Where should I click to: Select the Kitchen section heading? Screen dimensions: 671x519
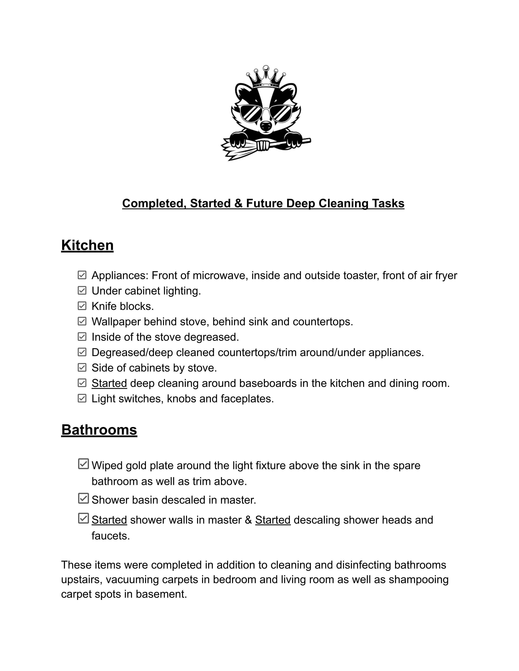[87, 245]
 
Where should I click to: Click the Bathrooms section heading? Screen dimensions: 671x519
[99, 429]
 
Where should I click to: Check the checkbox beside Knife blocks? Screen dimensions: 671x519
[82, 306]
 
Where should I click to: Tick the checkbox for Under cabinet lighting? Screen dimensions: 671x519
[82, 291]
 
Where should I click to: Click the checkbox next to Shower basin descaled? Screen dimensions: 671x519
[83, 498]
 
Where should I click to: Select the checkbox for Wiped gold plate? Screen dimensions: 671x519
[83, 464]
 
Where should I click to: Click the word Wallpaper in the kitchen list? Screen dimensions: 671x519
[116, 322]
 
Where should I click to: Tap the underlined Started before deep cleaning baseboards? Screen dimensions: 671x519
[109, 383]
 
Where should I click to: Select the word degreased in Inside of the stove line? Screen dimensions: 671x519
[211, 337]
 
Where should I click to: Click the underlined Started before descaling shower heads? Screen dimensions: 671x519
[273, 520]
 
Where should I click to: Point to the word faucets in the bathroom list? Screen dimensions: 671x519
[110, 536]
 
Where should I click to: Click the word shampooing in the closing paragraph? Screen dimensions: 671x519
[418, 579]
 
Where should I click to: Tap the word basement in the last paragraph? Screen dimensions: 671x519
[161, 594]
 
